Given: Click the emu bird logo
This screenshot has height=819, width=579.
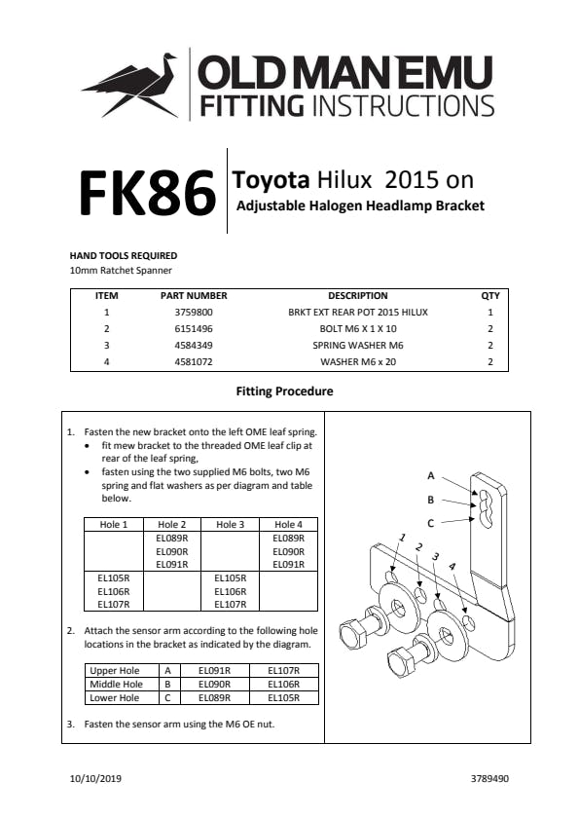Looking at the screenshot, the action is tap(130, 85).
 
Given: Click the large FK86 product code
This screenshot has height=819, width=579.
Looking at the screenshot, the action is tap(148, 193).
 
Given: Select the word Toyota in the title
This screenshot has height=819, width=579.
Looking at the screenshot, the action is tap(271, 180).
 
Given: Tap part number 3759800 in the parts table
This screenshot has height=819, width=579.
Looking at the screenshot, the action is tap(194, 313).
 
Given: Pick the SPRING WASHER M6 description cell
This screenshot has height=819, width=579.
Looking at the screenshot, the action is tap(358, 346).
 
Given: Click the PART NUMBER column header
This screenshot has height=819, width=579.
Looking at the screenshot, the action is tap(194, 296).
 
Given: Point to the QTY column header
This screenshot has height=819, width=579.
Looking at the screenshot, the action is tap(490, 296).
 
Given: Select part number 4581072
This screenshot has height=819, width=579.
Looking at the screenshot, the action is tap(194, 361).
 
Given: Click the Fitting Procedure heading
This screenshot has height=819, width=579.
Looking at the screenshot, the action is tap(284, 391).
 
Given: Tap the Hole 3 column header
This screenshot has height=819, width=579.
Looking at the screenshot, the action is tap(231, 524).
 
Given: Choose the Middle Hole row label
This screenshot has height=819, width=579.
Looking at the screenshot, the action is tap(116, 685).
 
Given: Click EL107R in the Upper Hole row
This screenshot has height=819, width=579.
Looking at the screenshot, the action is tap(283, 671).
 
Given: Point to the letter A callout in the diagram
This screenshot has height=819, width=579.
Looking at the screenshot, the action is tap(431, 475).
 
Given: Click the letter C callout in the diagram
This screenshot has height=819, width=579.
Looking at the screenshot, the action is tap(430, 523).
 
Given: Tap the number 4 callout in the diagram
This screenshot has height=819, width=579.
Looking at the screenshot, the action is tap(452, 567).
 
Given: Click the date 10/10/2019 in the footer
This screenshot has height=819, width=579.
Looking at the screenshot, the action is tap(95, 779).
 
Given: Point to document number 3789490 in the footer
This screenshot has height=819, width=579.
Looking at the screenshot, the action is tap(489, 779).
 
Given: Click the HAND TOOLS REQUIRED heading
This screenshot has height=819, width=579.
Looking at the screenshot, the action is tap(124, 255).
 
